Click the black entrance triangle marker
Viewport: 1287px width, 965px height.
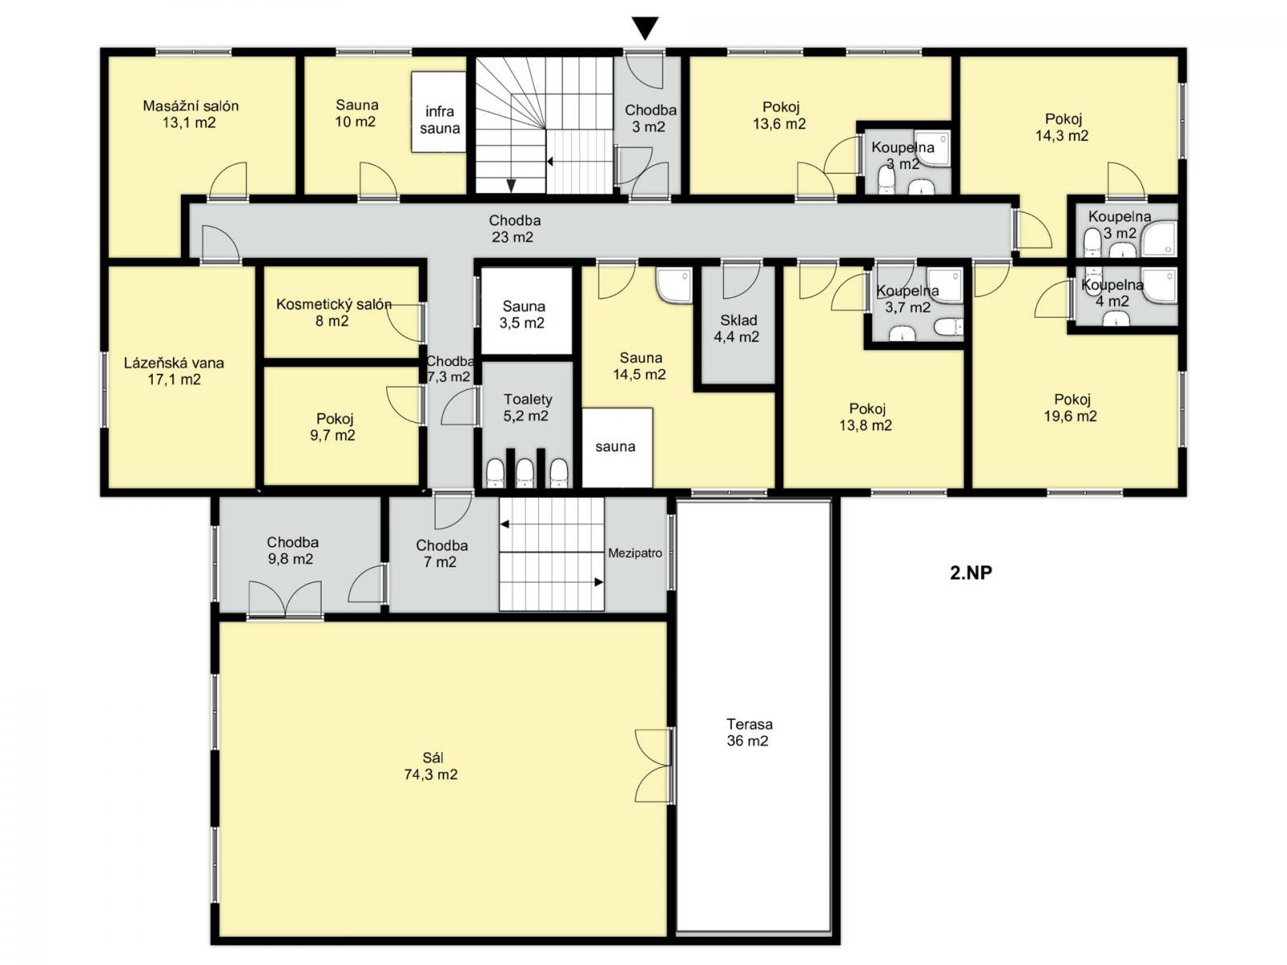pos(645,27)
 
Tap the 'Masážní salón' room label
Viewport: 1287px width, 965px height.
pos(191,106)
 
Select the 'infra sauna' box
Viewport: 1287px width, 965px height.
pos(438,112)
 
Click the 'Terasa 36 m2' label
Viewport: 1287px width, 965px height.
pos(747,732)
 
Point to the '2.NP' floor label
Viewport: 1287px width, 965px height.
pos(971,573)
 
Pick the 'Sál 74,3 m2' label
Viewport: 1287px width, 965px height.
pos(431,766)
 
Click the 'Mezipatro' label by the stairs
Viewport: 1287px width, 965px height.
pos(635,553)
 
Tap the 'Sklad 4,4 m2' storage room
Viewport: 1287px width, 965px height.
pos(737,328)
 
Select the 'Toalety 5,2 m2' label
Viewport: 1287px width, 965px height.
pos(527,407)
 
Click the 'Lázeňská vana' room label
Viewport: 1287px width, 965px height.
pos(174,363)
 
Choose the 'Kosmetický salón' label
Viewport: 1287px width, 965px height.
pos(334,305)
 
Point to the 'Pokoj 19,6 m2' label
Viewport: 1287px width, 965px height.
pos(1070,407)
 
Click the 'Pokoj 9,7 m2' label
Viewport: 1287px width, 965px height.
pos(332,426)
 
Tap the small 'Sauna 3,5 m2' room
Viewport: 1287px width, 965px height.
pos(526,310)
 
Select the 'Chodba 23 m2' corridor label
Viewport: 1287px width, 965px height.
pos(514,228)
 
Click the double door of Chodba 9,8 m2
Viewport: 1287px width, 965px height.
pos(285,599)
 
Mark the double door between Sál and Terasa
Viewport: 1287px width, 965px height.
pos(654,766)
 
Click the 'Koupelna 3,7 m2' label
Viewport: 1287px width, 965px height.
pos(907,299)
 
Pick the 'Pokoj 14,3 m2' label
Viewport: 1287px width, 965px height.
pos(1062,127)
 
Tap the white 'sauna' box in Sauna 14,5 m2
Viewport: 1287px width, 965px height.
pos(617,448)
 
